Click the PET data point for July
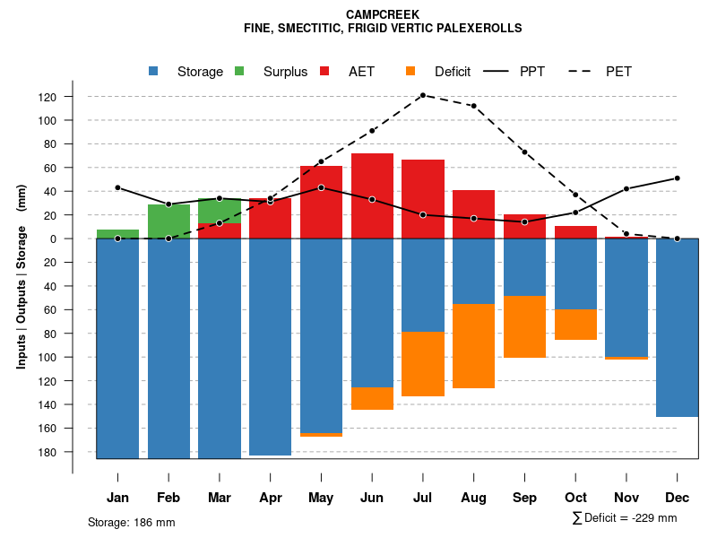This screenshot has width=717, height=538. click(x=422, y=95)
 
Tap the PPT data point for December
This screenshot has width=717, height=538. click(x=677, y=178)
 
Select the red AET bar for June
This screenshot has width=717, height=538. click(x=372, y=195)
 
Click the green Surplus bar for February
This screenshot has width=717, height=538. click(x=168, y=221)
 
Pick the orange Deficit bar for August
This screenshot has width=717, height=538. click(x=473, y=346)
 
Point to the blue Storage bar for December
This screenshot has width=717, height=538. click(x=677, y=327)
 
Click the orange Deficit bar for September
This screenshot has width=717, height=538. click(x=524, y=326)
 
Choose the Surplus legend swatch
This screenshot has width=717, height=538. click(x=239, y=71)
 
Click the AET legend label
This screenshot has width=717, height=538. click(x=361, y=72)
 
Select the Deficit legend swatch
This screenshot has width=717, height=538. click(x=410, y=71)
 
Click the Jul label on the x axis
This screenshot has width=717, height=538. click(x=422, y=498)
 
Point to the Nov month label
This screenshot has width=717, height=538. click(x=626, y=498)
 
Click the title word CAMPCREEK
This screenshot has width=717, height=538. click(x=382, y=14)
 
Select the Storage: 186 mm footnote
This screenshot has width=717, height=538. click(x=131, y=522)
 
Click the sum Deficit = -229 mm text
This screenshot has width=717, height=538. click(x=624, y=518)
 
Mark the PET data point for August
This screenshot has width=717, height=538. click(x=473, y=106)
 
